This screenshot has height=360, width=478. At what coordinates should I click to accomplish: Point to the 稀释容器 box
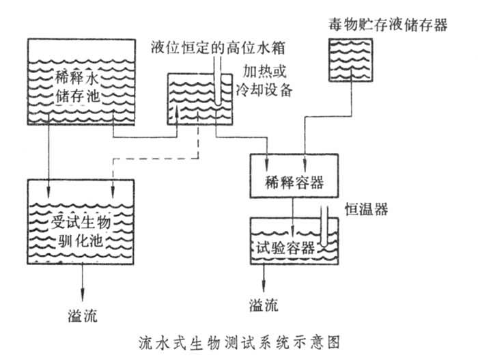tap(294, 183)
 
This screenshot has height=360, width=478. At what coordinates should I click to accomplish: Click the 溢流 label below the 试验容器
tap(264, 305)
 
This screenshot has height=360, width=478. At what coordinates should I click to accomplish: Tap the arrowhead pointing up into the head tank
tap(177, 111)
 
